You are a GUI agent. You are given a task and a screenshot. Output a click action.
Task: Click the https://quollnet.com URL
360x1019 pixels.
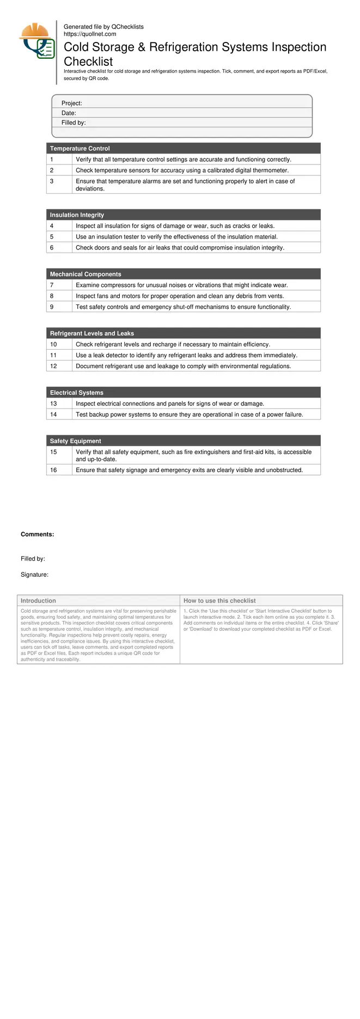coord(90,34)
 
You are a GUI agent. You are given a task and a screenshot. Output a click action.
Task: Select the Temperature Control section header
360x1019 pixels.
coord(80,148)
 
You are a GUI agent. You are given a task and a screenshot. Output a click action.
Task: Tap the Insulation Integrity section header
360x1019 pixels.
coord(77,215)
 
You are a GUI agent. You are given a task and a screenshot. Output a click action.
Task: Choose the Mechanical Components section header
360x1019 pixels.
coord(86,274)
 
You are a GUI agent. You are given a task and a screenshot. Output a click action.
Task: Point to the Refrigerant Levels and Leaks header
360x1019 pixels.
coord(92,333)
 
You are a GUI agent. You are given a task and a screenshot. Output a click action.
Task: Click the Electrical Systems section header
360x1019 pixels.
coord(76,393)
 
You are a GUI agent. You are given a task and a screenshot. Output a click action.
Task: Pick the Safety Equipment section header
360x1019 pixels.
coord(75,441)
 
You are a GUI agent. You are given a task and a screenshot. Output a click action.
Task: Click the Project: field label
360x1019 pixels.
coord(71,103)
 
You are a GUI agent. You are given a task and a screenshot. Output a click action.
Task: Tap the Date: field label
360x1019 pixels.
coord(69,113)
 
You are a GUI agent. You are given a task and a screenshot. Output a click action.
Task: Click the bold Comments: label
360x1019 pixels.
coord(38,534)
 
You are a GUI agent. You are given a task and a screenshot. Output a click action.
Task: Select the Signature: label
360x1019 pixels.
coord(34,575)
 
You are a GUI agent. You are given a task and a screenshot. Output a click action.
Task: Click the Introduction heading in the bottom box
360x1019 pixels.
coord(38,601)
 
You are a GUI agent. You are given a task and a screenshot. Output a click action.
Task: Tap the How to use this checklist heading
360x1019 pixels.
coord(219,601)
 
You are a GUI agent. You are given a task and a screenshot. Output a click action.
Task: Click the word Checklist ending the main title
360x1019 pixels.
coord(88,62)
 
